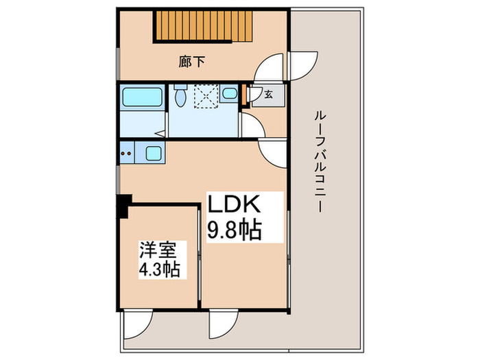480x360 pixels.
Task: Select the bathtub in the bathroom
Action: coord(141,98)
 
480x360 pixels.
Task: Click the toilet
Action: coord(180,95)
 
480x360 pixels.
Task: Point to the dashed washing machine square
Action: coord(204,96)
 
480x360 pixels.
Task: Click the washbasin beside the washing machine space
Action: coord(230,94)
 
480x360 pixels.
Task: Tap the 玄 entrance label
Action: coord(268,95)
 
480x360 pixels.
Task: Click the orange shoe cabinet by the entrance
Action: coord(245,96)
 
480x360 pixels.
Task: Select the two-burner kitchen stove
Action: coord(125,153)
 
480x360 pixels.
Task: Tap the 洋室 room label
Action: coord(156,247)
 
